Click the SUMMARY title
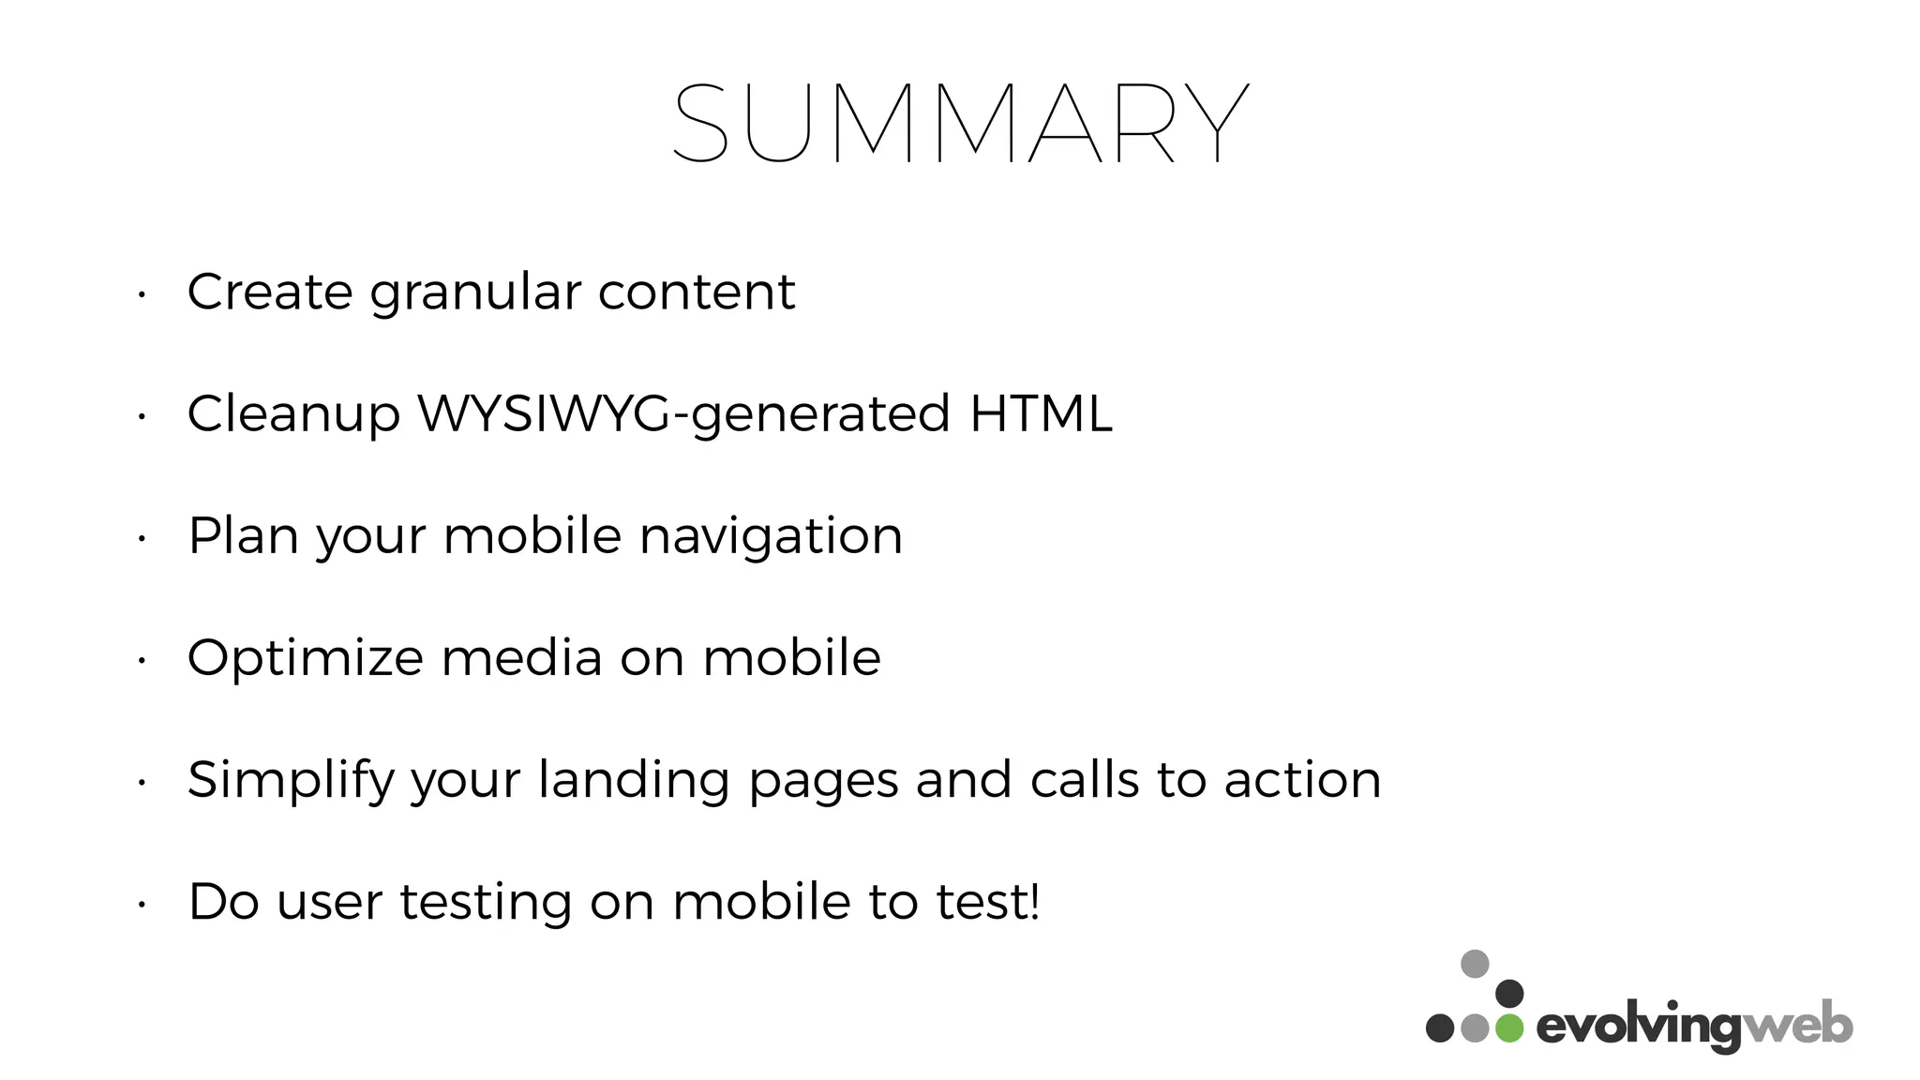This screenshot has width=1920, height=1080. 960,124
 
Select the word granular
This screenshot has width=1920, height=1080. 475,293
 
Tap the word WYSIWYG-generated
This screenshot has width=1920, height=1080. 683,414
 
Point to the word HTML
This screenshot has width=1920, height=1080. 1041,413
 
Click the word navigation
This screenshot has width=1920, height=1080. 771,537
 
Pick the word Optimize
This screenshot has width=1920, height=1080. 306,658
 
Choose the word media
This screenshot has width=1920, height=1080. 521,657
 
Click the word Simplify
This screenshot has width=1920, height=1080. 291,781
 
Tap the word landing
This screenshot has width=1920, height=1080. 634,781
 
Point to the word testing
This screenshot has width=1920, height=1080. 486,903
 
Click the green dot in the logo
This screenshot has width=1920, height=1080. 1509,1027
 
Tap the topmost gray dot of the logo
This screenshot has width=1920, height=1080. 1475,964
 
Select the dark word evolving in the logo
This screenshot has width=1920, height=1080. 1639,1028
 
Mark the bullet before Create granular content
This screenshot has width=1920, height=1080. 141,295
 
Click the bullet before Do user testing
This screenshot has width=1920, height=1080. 141,906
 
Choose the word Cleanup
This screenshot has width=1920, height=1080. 293,415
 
